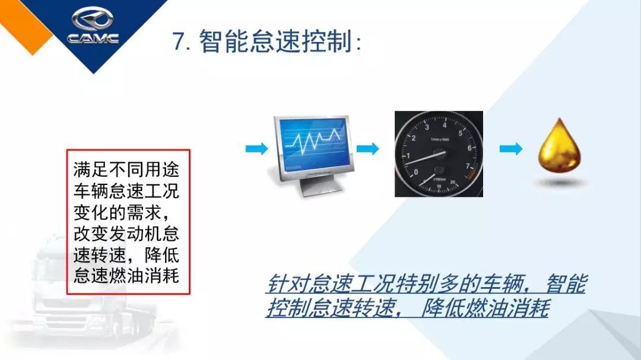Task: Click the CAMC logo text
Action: tap(93, 39)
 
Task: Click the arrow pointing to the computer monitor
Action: tap(256, 149)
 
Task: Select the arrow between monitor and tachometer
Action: tap(367, 149)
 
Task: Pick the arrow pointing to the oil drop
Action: tap(510, 149)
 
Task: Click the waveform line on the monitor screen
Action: tap(315, 139)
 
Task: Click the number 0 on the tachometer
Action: tap(415, 173)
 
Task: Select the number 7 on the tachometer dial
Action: tap(468, 167)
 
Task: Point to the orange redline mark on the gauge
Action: tap(470, 176)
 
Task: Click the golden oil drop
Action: tap(559, 148)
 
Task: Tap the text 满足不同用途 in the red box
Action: tap(126, 170)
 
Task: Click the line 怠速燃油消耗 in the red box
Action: tap(126, 277)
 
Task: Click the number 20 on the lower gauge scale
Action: tap(453, 181)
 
